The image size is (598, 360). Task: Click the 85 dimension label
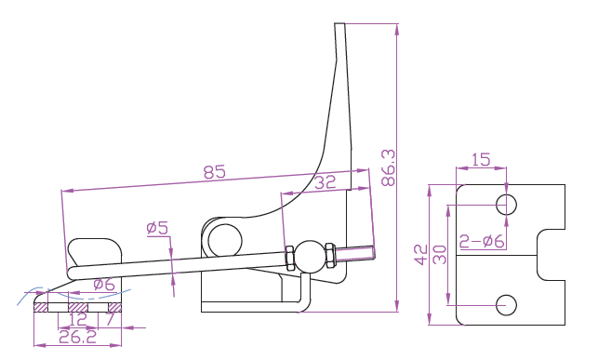point(214,172)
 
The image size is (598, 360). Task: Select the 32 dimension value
point(325,182)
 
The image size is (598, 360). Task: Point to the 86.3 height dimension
point(388,167)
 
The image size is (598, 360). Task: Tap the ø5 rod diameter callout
point(157,228)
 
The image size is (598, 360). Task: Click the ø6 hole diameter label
point(104,284)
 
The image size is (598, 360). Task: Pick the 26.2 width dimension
point(78,337)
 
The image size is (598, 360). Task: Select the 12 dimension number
point(77,320)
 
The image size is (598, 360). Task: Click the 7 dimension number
point(111,319)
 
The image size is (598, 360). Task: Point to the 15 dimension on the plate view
point(481,160)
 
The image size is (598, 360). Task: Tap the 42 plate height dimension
point(421,255)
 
